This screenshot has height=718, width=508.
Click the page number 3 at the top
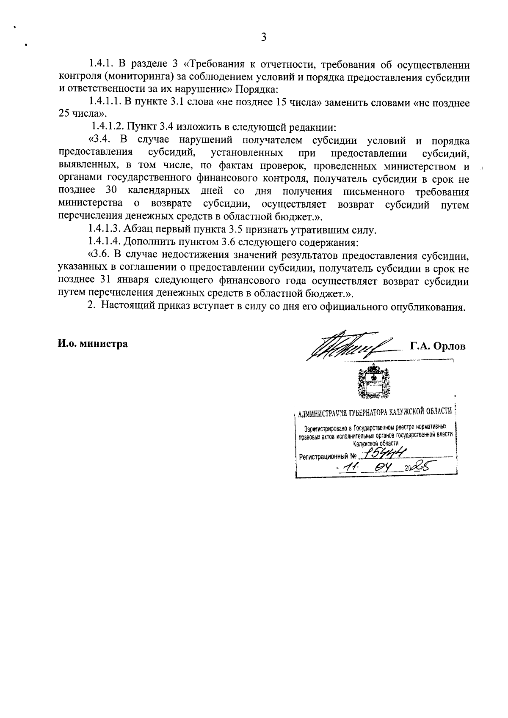[x=263, y=38]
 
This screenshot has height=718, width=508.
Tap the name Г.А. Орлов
[x=437, y=346]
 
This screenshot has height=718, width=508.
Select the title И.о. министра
[x=93, y=343]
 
